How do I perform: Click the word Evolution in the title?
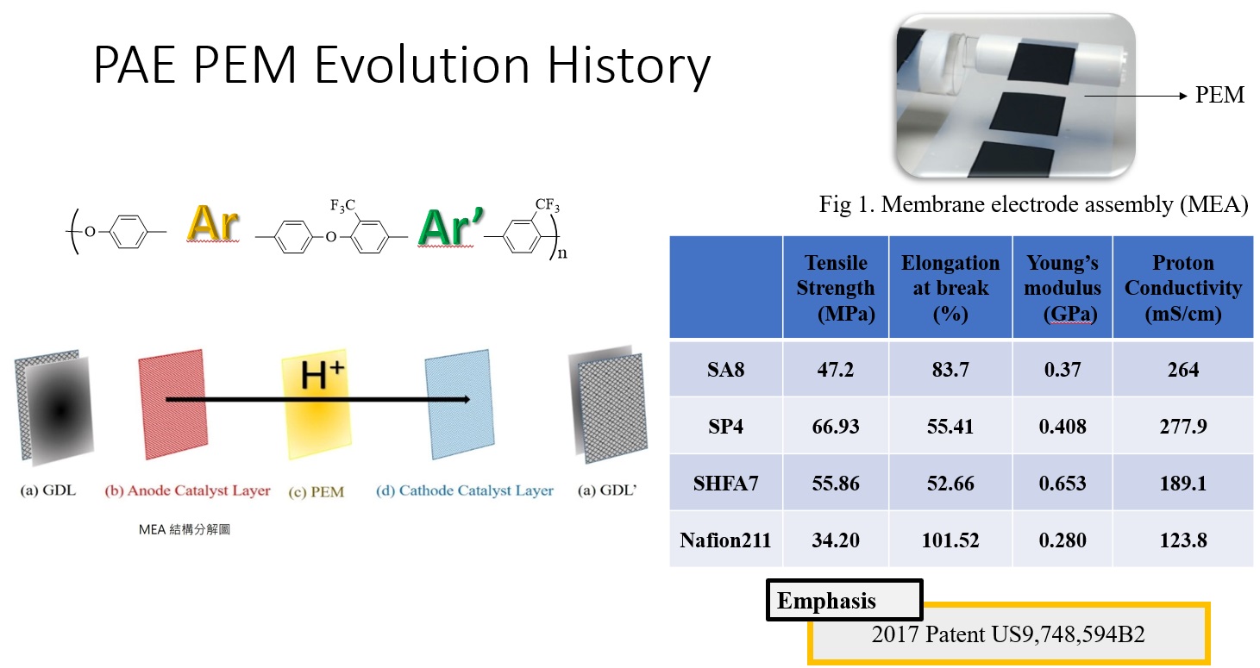[x=422, y=66]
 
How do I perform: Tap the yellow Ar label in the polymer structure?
[x=213, y=224]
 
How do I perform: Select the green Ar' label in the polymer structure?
[x=450, y=228]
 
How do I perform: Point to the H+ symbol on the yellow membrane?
[x=322, y=375]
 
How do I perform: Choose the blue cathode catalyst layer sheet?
[x=460, y=403]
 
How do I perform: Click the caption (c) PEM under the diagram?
[x=317, y=492]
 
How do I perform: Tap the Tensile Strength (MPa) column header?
[x=836, y=288]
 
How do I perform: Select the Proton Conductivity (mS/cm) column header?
[x=1183, y=288]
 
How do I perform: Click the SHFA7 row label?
[x=725, y=483]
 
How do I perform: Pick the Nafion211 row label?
[x=725, y=540]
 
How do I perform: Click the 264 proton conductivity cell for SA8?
[x=1183, y=370]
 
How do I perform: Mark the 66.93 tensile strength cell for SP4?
[x=836, y=426]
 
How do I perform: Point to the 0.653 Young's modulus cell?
[x=1062, y=483]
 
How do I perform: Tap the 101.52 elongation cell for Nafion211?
[x=950, y=540]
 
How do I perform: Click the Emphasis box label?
[x=826, y=601]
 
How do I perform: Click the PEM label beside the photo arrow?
[x=1219, y=95]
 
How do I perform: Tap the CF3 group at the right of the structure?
[x=547, y=204]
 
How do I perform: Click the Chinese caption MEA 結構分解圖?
[x=185, y=529]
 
